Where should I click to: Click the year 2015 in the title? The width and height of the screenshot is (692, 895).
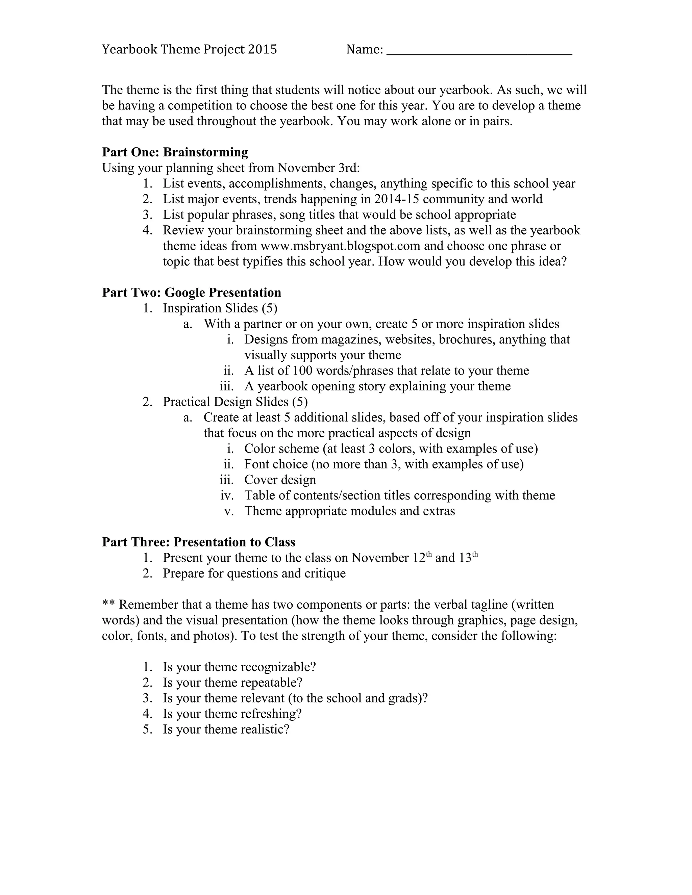click(x=262, y=50)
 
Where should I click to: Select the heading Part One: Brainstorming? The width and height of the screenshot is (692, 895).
click(x=175, y=152)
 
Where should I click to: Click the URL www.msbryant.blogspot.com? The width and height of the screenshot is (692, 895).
click(x=340, y=246)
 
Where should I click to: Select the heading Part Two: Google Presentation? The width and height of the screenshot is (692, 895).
click(x=192, y=292)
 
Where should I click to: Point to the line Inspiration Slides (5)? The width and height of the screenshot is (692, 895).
click(x=220, y=308)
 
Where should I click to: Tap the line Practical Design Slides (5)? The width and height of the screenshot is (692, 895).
click(x=235, y=402)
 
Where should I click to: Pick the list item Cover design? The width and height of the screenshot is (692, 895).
click(x=280, y=480)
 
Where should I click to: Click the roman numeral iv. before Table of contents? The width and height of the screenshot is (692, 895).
click(x=227, y=495)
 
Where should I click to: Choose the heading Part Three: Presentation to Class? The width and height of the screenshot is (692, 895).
click(x=198, y=542)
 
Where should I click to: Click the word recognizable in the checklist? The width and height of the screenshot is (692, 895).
click(x=277, y=667)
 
